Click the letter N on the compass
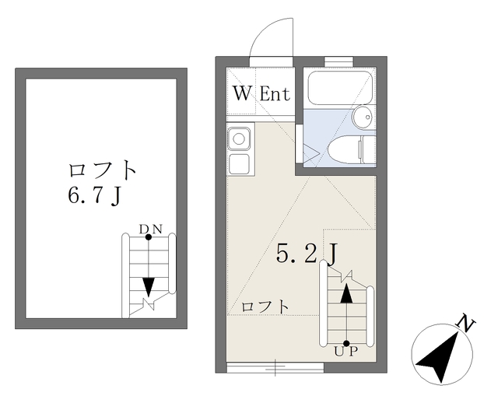pos(466,323)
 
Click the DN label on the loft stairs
pos(150,229)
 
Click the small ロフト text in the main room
pos(265,307)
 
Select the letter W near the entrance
pos(243,94)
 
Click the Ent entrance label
pos(274,94)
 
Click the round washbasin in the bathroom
pos(362,117)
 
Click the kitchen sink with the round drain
pos(239,140)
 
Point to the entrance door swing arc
pos(269,39)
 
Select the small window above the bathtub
pos(338,59)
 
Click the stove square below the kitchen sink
pos(239,164)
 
